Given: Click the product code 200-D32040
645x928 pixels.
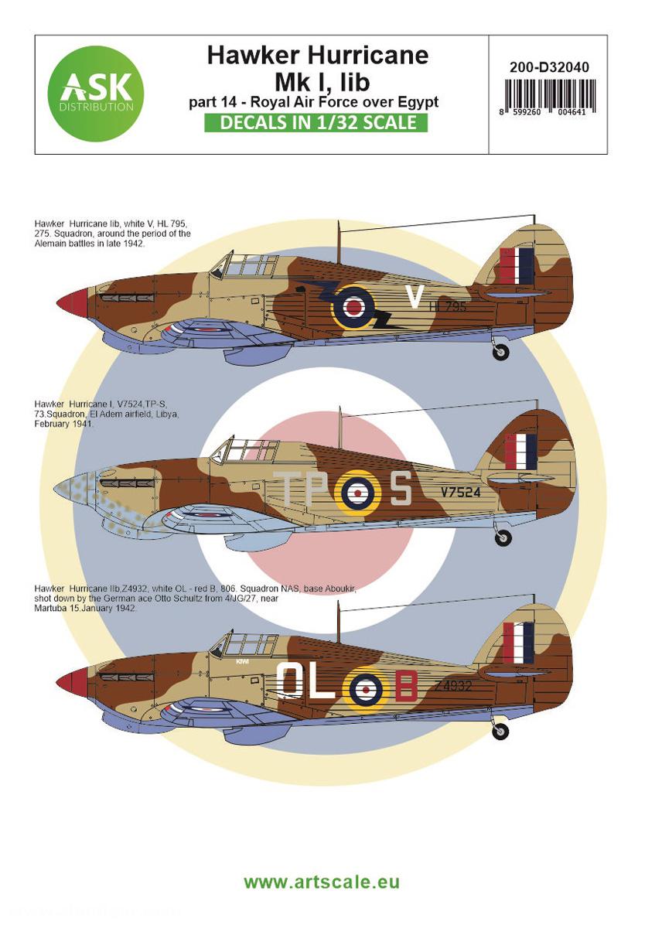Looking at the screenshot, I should tap(549, 67).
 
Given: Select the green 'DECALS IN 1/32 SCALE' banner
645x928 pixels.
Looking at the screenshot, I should tap(316, 122).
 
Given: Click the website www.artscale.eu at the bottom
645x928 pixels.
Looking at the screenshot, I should tap(322, 882).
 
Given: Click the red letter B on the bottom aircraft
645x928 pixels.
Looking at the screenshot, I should tap(407, 685).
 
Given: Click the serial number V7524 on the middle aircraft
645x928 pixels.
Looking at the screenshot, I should tap(462, 491).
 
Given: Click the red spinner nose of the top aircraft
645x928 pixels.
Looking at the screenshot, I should tap(69, 303).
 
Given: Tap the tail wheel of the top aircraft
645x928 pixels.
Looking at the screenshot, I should tap(501, 352).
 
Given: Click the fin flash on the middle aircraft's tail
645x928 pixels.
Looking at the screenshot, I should tap(520, 452).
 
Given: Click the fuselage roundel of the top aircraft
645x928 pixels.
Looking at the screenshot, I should tap(353, 307).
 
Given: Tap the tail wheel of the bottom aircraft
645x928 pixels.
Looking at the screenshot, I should tap(501, 730).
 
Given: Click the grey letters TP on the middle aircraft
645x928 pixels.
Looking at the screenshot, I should tap(304, 489).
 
